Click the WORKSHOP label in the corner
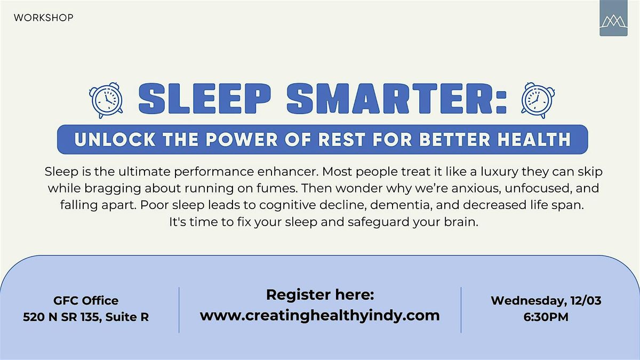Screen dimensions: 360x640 point(44,18)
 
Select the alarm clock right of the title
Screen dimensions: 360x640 point(537,100)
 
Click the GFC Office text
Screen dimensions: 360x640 point(86,300)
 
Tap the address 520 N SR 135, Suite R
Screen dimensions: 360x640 point(86,317)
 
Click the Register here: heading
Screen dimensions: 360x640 point(320,294)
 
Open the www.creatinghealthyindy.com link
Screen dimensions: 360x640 point(320,315)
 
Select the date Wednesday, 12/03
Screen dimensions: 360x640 point(546,300)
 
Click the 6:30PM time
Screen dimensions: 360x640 point(546,317)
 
